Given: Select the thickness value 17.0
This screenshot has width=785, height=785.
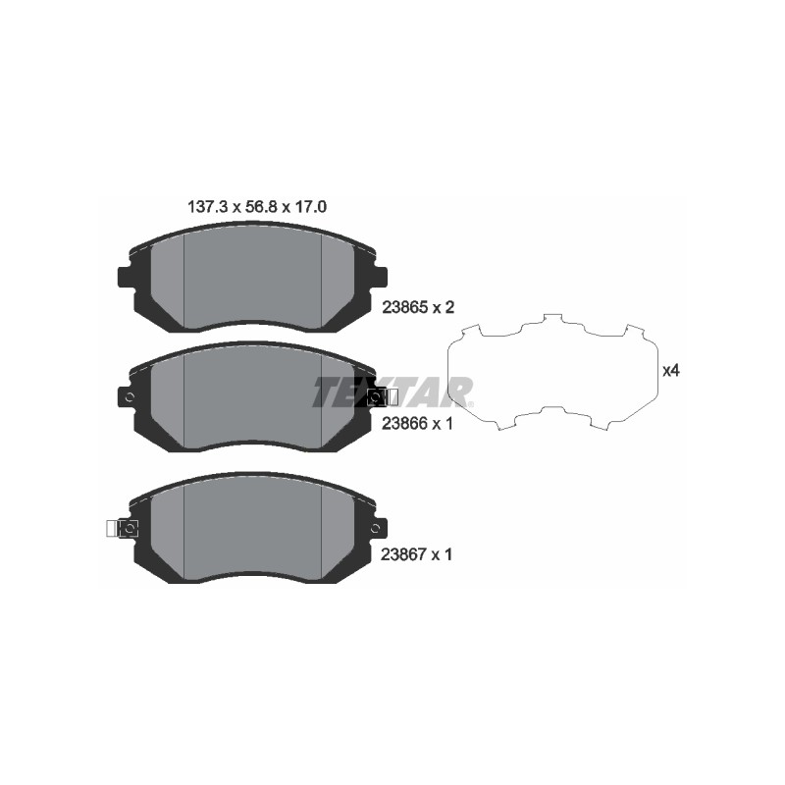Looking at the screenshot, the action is tap(310, 207).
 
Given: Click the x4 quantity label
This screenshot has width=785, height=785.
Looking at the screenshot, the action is tap(671, 371).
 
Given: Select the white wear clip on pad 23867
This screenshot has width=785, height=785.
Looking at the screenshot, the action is tap(113, 529).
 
